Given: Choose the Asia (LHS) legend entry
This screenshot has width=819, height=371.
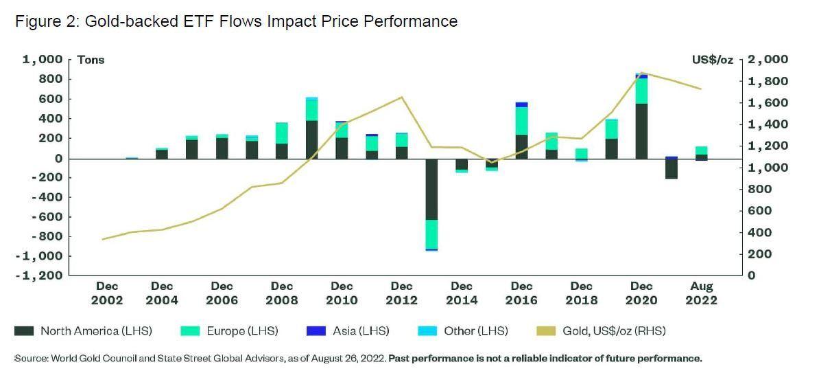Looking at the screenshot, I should click(349, 331).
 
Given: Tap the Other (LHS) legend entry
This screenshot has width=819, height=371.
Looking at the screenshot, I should click(463, 331).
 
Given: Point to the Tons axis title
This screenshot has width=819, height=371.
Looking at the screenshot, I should click(91, 60).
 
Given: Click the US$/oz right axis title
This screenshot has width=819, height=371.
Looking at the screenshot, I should click(712, 60).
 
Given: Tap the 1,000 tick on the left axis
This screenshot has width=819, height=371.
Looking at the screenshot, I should click(43, 60).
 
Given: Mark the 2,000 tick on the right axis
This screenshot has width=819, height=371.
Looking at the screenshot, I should click(768, 60).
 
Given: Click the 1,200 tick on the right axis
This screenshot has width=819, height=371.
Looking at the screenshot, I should click(768, 146).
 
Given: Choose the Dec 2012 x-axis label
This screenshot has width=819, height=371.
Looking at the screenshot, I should click(402, 293).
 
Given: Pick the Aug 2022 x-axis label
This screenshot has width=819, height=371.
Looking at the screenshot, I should click(702, 293).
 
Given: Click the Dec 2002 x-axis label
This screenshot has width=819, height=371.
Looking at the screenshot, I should click(107, 293).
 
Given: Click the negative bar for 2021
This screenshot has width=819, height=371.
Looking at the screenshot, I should click(672, 169).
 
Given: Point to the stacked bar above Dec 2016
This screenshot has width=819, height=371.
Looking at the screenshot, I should click(521, 131).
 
